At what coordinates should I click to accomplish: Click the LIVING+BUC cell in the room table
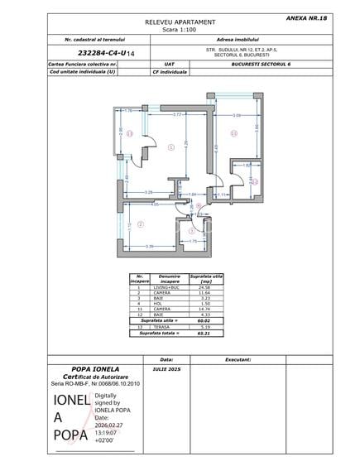169,288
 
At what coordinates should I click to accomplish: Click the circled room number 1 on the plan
170,147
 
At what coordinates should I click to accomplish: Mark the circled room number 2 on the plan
141,223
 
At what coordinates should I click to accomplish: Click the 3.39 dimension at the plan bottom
149,247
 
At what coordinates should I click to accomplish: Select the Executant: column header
238,359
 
